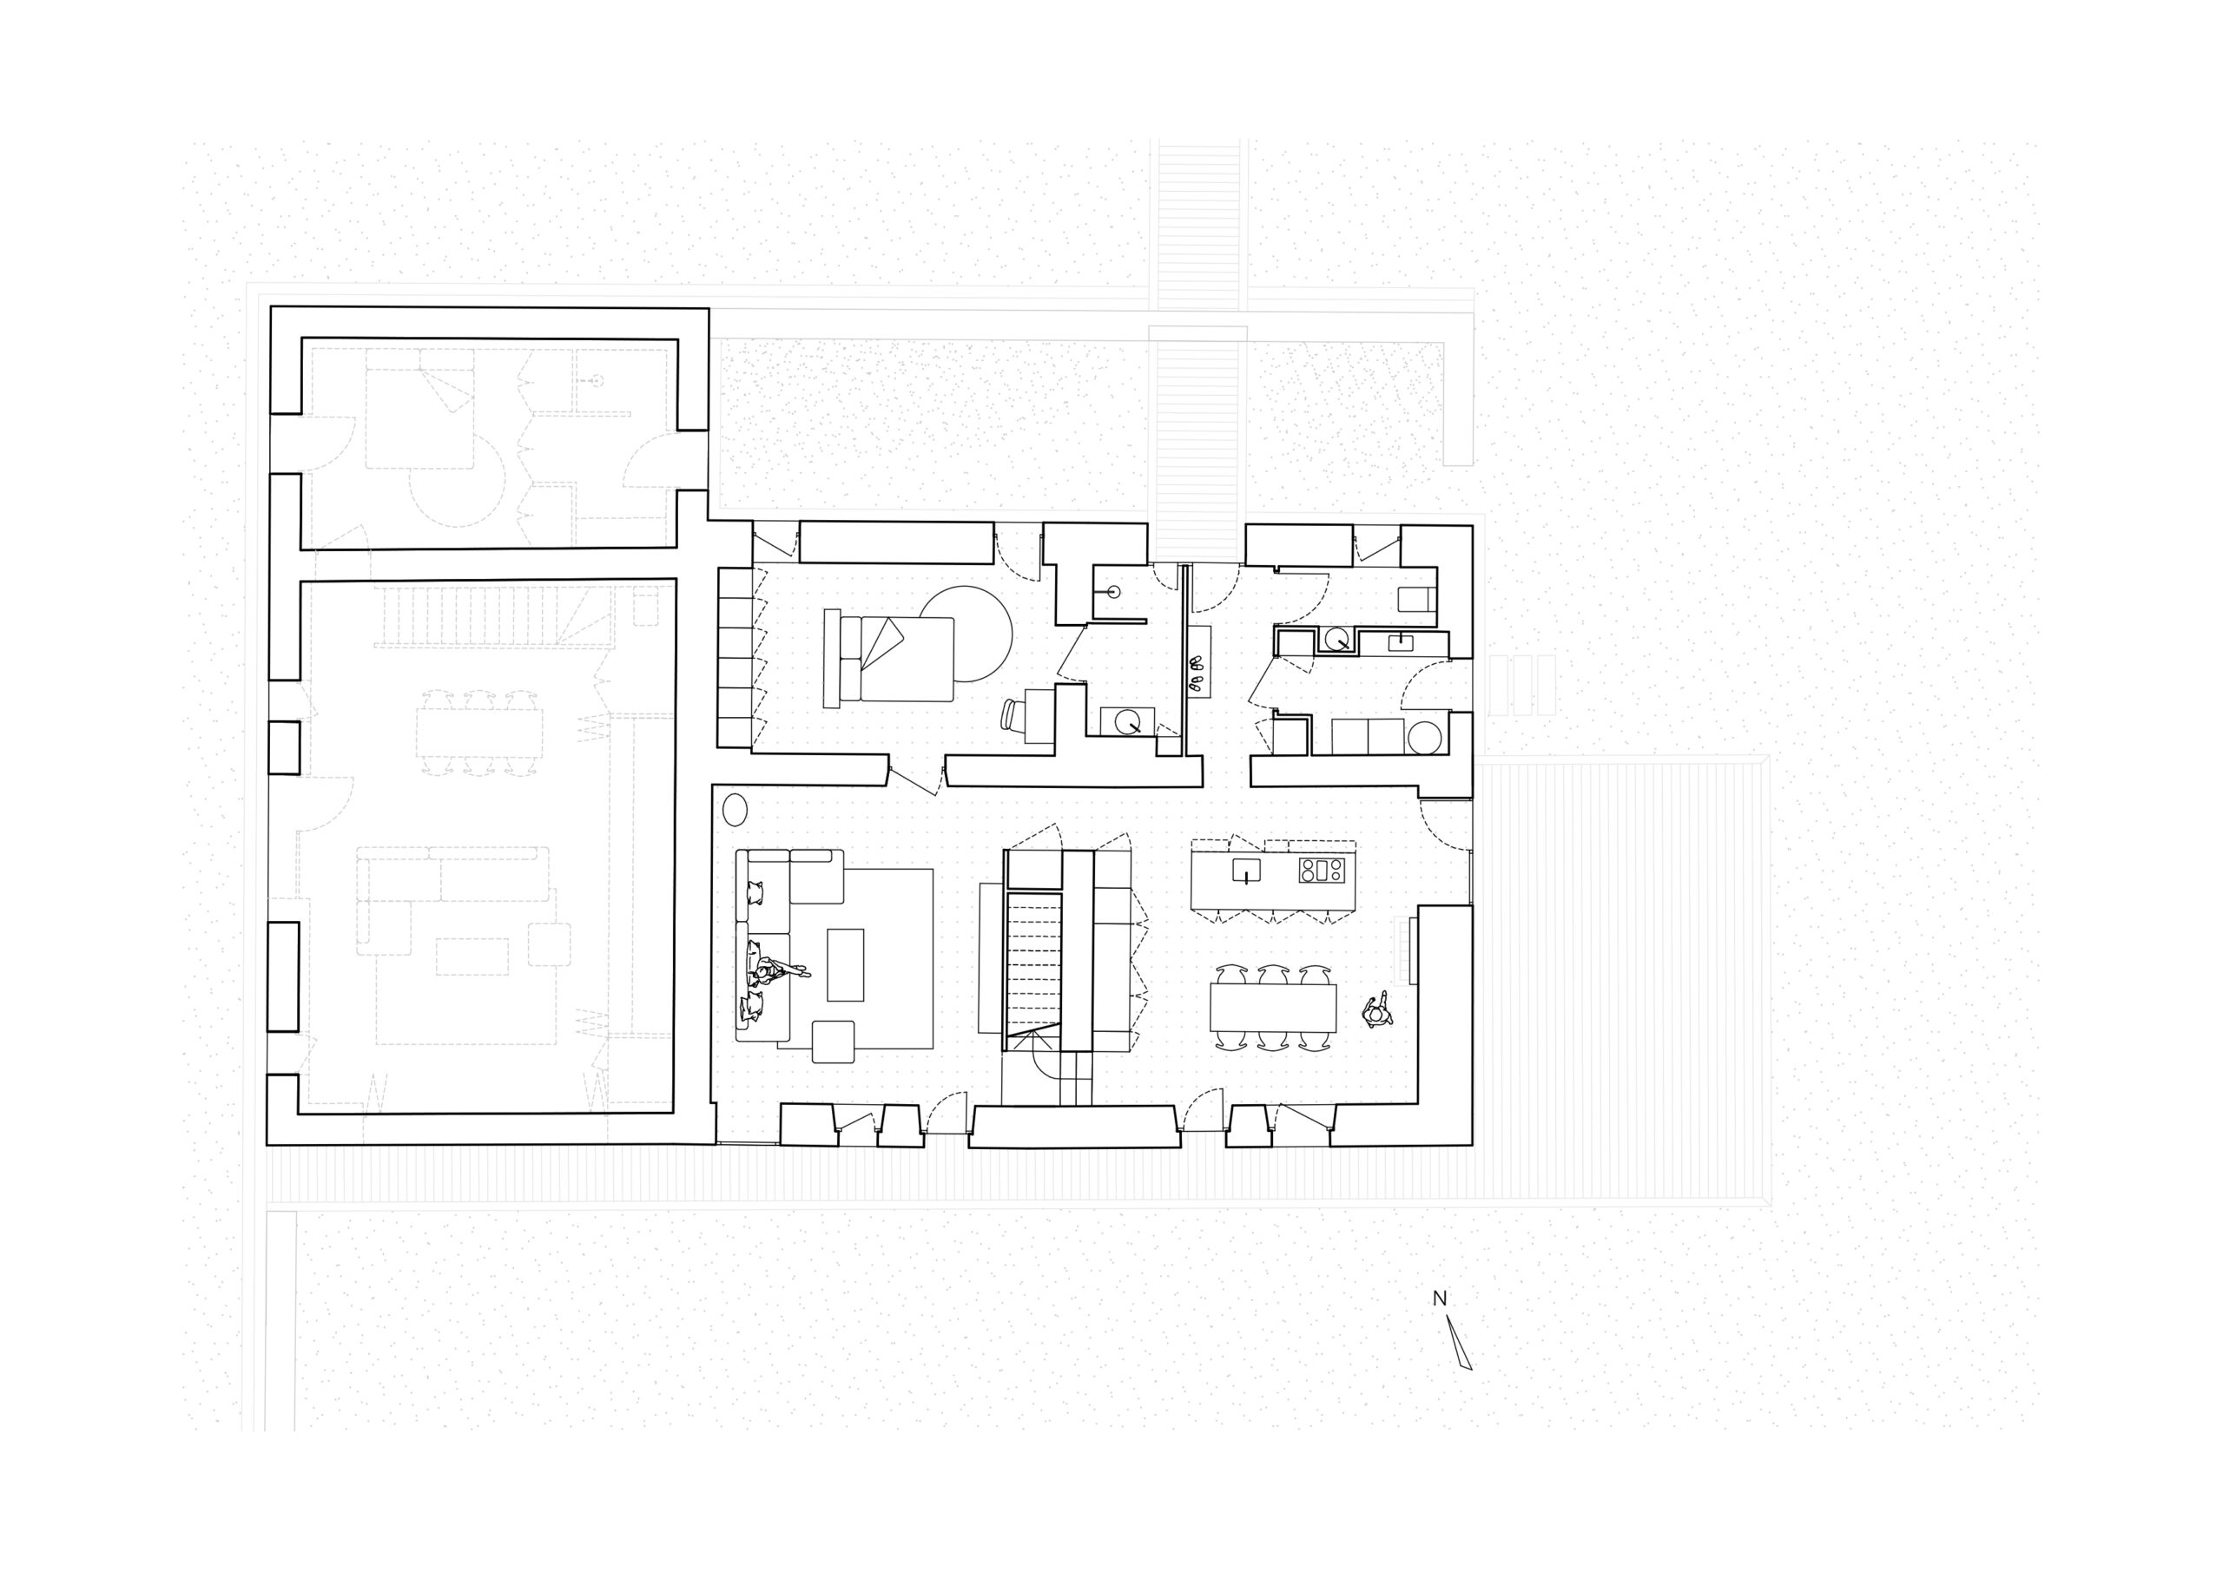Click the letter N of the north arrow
[1440, 1299]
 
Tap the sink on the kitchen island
[1246, 871]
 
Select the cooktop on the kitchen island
[1322, 871]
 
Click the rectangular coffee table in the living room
[845, 965]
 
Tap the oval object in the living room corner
[735, 809]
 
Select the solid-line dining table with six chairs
[1272, 1008]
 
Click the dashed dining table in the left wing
[480, 733]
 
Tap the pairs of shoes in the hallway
[1198, 674]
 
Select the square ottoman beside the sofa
[834, 1042]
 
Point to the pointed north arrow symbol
[1459, 1343]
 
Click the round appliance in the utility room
[1424, 738]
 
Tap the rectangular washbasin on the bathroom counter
[1400, 641]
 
